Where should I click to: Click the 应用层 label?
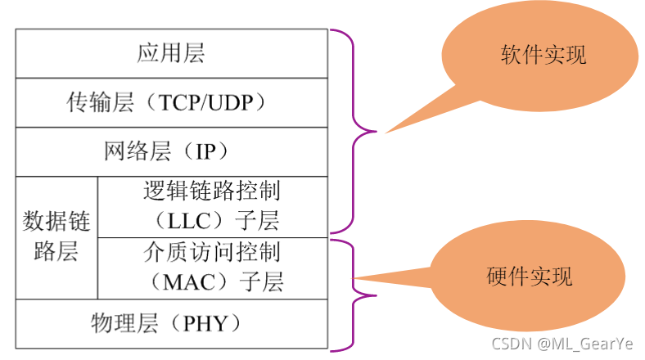point(170,54)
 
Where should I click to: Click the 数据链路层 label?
point(56,236)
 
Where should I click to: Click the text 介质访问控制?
point(211,250)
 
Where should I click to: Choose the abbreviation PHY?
point(205,325)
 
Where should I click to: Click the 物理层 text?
point(124,325)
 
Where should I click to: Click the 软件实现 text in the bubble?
point(543,56)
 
